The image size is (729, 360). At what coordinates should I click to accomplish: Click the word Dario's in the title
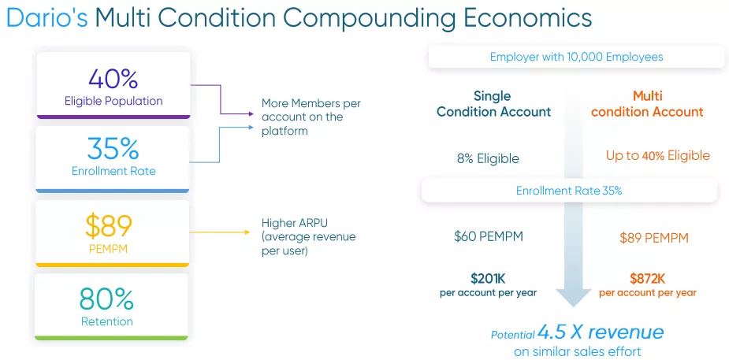(x=47, y=18)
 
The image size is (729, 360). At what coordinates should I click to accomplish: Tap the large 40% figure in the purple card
(x=113, y=79)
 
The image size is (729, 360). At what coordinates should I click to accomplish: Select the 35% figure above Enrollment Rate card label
(x=113, y=149)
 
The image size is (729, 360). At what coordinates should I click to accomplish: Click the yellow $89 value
(x=108, y=226)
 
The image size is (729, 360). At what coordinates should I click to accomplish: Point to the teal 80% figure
(x=106, y=299)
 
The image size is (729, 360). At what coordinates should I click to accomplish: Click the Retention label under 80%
(x=107, y=321)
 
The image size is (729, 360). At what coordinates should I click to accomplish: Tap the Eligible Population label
(x=113, y=102)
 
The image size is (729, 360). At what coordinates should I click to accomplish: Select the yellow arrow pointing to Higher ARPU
(x=220, y=232)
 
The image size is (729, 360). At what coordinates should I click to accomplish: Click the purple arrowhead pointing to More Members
(x=251, y=113)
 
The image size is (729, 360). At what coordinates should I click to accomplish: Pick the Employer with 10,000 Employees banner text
(x=577, y=58)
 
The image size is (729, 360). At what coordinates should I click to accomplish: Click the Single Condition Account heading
(x=493, y=104)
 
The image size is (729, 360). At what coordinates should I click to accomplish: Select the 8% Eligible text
(x=488, y=159)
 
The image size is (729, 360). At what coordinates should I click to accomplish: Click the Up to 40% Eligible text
(x=658, y=156)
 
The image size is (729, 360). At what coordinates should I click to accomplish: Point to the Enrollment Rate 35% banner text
(x=569, y=191)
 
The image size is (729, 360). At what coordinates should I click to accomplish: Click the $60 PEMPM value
(x=489, y=236)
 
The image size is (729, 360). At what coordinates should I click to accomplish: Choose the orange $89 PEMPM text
(x=653, y=239)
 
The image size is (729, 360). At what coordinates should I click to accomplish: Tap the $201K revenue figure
(x=488, y=279)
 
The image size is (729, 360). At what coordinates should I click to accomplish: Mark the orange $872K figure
(x=648, y=279)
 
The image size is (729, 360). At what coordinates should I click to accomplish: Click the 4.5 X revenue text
(x=601, y=332)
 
